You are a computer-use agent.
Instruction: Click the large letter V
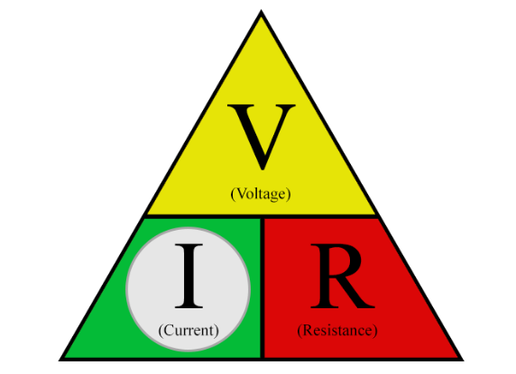[262, 137]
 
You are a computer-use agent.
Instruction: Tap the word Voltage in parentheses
[261, 194]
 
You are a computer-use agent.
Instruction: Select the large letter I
[189, 276]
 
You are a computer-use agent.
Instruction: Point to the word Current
[189, 330]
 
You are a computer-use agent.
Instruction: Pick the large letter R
[342, 276]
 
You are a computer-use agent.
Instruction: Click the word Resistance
[337, 330]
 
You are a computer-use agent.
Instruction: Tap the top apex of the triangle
[262, 11]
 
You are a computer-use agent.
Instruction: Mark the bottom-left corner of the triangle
[60, 360]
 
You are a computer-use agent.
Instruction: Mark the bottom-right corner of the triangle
[463, 360]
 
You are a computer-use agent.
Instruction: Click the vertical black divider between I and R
[263, 287]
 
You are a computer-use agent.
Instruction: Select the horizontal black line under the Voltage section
[262, 216]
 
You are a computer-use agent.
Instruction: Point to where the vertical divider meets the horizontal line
[263, 216]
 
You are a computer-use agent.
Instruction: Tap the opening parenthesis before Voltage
[233, 195]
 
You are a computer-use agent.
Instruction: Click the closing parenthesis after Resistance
[375, 331]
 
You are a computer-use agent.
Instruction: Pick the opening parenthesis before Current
[161, 331]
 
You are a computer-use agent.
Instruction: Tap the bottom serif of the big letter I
[189, 306]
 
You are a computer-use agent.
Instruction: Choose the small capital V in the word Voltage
[242, 194]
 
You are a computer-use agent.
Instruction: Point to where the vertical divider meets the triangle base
[263, 358]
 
